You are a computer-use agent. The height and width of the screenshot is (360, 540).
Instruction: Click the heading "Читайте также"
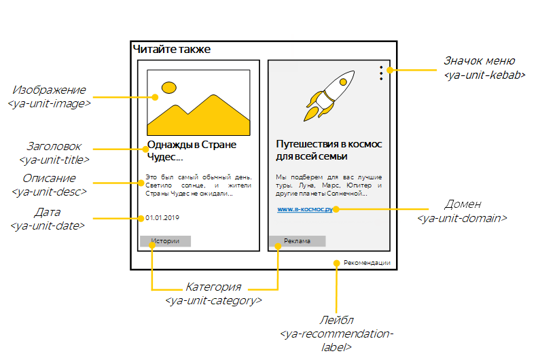(172, 49)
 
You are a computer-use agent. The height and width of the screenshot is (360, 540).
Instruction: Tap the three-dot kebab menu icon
(381, 73)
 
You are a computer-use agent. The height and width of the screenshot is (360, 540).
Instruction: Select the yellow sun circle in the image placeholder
(168, 88)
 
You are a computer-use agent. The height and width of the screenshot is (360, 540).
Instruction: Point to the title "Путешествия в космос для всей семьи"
(329, 150)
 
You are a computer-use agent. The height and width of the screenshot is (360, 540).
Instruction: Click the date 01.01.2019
(162, 218)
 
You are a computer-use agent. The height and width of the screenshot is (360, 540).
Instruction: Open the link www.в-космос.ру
(304, 209)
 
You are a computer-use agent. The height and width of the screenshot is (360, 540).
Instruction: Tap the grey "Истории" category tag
(165, 241)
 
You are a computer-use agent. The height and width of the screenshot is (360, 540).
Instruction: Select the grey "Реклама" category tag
(297, 241)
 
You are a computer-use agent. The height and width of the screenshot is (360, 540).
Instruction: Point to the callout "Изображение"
(50, 90)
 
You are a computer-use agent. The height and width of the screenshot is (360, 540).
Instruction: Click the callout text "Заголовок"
(54, 147)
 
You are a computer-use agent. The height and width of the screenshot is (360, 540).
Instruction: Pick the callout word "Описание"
(50, 178)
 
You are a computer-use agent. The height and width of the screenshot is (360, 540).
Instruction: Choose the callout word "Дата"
(48, 213)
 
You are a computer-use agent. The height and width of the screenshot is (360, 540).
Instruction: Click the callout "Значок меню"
(479, 60)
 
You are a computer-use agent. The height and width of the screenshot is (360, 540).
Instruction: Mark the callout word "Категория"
(213, 287)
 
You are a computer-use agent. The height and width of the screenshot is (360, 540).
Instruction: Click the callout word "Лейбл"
(336, 320)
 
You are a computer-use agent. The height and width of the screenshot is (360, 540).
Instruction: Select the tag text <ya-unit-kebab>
(484, 75)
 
